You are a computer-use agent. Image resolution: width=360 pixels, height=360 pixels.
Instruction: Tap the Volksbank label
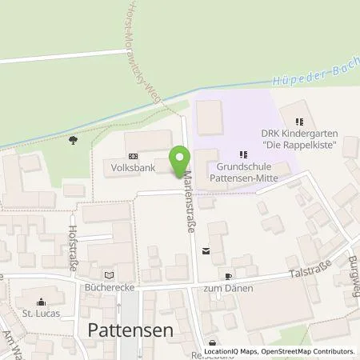coord(132,169)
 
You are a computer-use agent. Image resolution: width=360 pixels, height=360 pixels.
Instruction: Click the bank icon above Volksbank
coord(132,156)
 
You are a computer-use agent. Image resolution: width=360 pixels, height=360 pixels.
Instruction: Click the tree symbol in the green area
coord(74,140)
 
